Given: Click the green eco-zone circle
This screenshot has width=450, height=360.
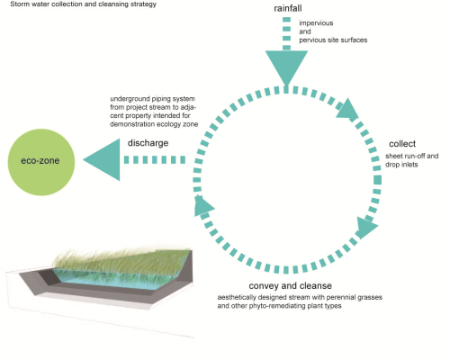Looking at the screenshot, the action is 41,162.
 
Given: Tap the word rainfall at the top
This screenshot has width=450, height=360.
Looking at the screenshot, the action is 288,8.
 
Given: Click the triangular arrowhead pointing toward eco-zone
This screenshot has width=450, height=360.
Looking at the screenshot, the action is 102,159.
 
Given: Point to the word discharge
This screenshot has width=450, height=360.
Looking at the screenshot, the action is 148,143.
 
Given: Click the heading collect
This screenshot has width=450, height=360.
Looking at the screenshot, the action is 402,144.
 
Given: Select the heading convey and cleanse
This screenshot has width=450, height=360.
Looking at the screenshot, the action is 291,286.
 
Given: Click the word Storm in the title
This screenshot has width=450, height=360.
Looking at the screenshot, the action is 20,4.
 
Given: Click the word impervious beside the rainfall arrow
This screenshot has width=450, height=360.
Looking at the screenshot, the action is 316,23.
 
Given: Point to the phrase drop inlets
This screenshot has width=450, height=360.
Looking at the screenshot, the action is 401,165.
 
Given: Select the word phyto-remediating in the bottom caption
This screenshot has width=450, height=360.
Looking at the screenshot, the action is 278,306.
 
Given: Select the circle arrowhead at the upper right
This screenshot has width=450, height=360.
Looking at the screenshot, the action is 348,109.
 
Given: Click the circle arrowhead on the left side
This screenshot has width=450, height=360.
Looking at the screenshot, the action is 202,205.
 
